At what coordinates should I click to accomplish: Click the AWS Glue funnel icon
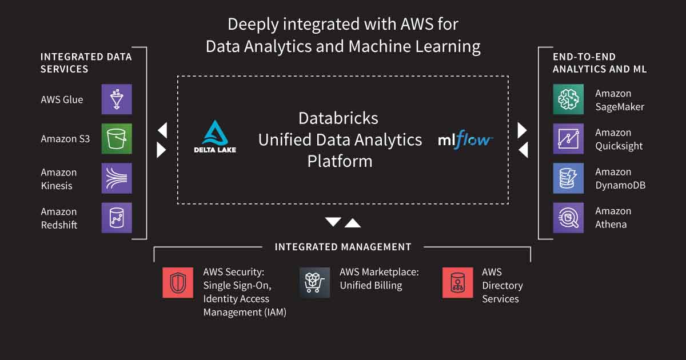[x=117, y=99]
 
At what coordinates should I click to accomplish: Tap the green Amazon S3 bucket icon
[x=117, y=139]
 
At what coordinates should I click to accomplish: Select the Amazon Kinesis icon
[x=117, y=178]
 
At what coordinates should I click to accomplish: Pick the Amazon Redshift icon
[x=117, y=218]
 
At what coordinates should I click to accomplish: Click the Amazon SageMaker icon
[x=568, y=99]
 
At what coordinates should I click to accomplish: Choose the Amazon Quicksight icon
[x=568, y=139]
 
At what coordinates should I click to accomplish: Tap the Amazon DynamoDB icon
[x=568, y=178]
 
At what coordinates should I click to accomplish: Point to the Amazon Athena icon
[x=568, y=218]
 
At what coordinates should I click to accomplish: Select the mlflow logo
[x=465, y=139]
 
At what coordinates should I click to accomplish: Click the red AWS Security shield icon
[x=178, y=282]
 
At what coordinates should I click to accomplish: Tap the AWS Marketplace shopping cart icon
[x=315, y=282]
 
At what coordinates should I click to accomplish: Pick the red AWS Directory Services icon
[x=458, y=282]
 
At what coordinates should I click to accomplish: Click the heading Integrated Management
[x=343, y=247]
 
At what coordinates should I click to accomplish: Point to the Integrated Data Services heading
[x=86, y=63]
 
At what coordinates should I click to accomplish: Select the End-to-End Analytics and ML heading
[x=600, y=63]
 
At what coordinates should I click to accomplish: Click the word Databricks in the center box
[x=338, y=118]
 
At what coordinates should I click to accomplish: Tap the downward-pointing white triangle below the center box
[x=333, y=222]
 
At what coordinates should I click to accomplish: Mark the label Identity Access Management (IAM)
[x=245, y=306]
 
